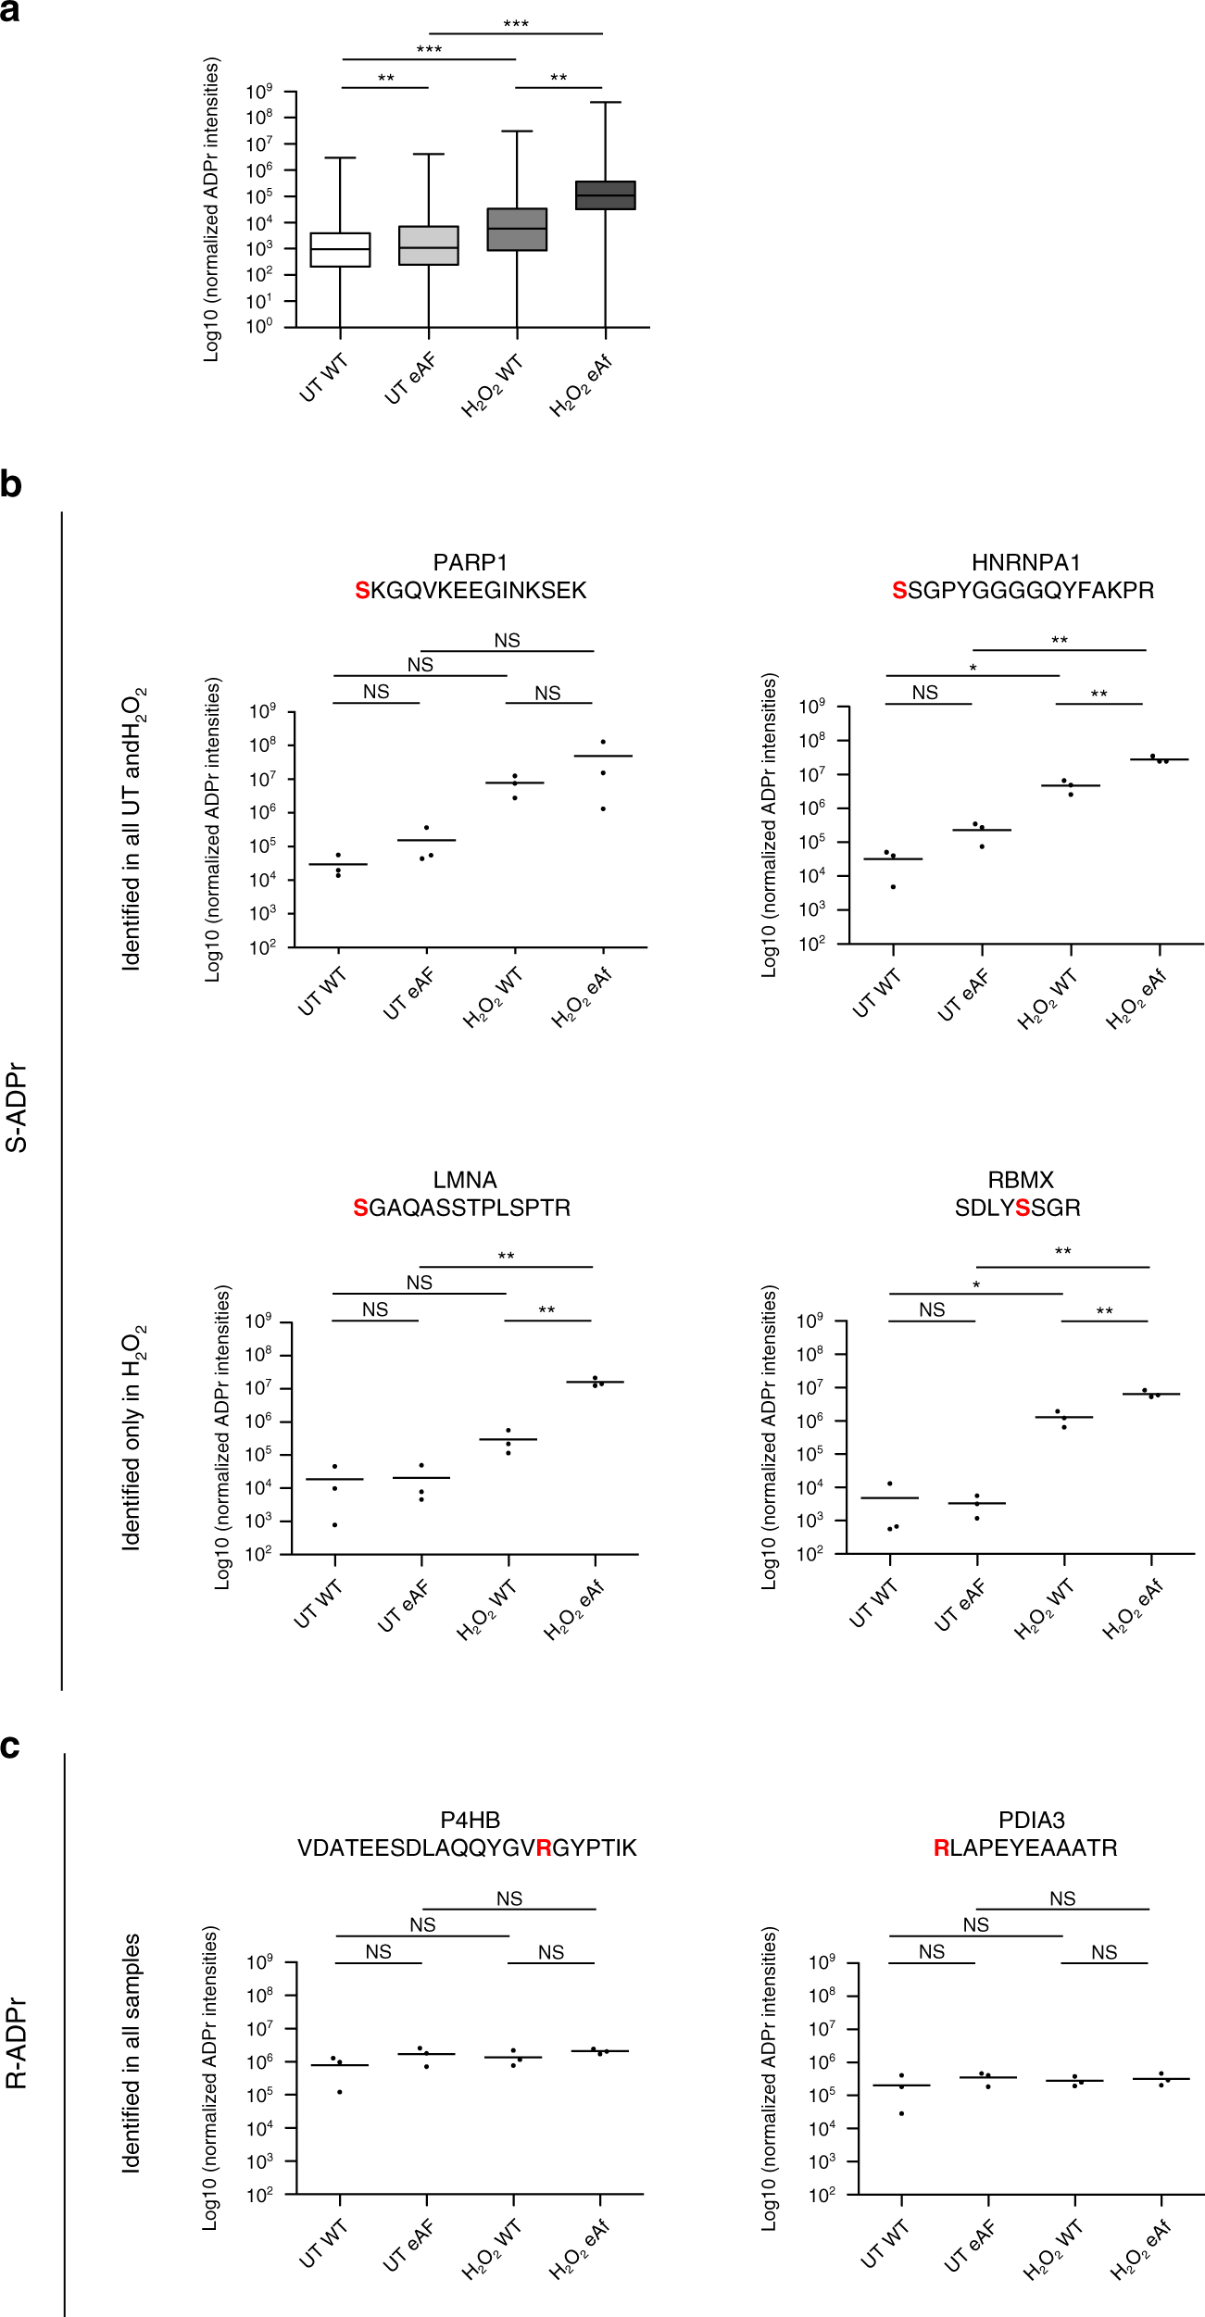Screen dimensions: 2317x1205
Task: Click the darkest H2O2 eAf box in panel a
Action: pos(605,195)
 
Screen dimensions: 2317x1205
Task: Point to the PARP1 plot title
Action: pos(470,563)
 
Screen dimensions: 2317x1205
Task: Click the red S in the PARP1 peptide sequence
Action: pos(362,591)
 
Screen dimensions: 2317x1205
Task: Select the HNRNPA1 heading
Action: pos(1025,563)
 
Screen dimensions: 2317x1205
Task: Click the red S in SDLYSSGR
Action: pos(1023,1209)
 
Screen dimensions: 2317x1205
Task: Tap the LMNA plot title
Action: pos(464,1181)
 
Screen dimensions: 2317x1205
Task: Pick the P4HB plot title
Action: pos(470,1821)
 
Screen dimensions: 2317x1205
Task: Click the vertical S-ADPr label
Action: pos(17,1107)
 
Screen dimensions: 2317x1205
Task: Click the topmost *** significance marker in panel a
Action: pos(515,24)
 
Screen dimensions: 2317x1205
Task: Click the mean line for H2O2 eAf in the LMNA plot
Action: pos(595,1383)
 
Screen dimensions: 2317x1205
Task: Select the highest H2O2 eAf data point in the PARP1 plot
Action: pos(603,742)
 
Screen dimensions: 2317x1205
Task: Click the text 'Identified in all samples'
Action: pos(132,2052)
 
